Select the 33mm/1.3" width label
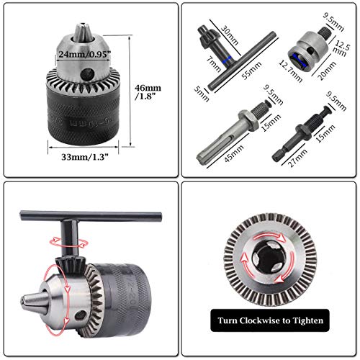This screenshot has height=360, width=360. tap(77, 153)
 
